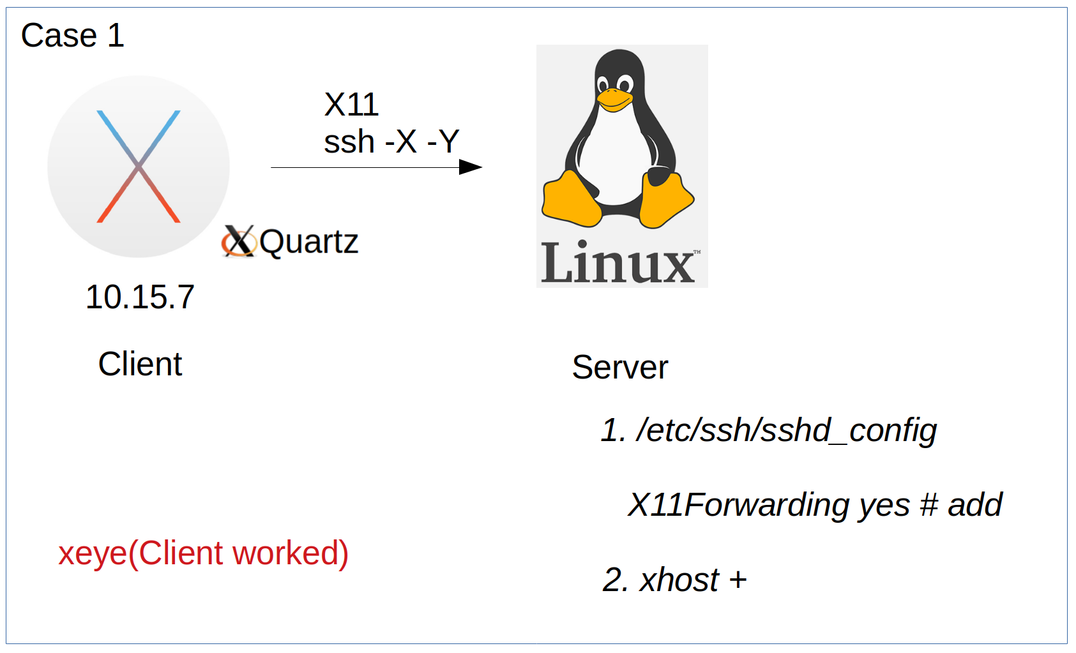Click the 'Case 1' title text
click(x=72, y=35)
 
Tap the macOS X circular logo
click(x=139, y=167)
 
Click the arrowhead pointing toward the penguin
click(x=471, y=167)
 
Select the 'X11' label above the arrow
click(x=351, y=105)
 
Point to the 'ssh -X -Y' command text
click(x=391, y=142)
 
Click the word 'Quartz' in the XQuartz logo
click(x=309, y=242)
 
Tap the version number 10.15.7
click(x=140, y=297)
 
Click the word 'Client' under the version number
click(x=140, y=364)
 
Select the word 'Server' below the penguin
click(x=619, y=367)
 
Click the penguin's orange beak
click(x=614, y=100)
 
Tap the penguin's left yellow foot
click(x=570, y=199)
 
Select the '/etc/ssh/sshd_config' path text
click(x=786, y=430)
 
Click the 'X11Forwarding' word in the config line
click(x=739, y=505)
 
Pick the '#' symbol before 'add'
click(x=929, y=505)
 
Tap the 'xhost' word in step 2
click(x=679, y=580)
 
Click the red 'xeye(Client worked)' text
click(x=203, y=553)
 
